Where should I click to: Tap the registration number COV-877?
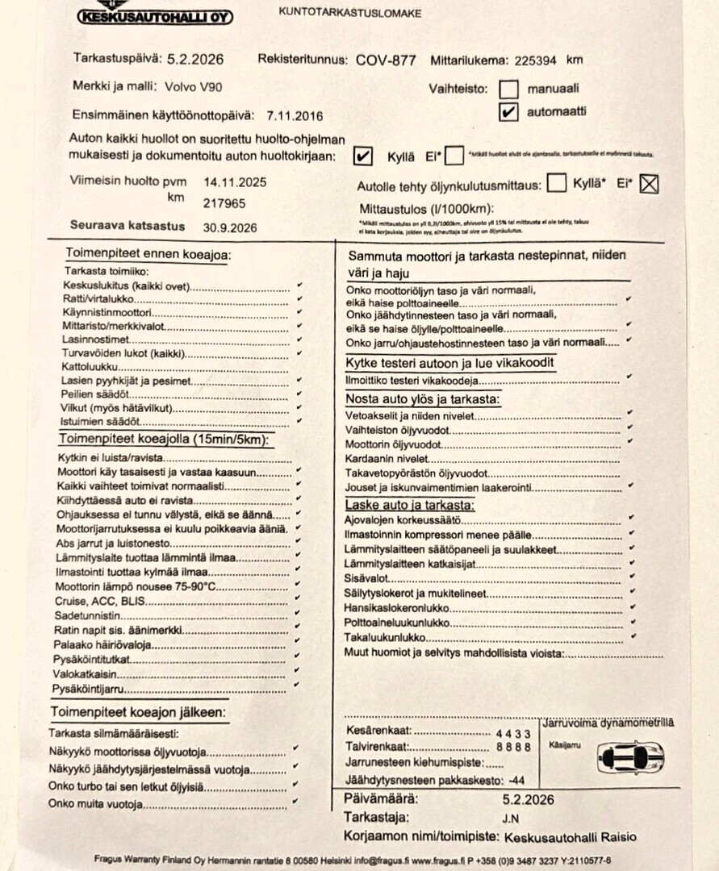pyautogui.click(x=385, y=60)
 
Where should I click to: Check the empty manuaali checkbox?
pyautogui.click(x=508, y=89)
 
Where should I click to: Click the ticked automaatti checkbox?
pyautogui.click(x=508, y=112)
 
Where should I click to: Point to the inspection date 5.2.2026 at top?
pyautogui.click(x=195, y=59)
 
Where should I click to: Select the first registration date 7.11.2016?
pyautogui.click(x=295, y=116)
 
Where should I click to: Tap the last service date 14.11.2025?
pyautogui.click(x=235, y=183)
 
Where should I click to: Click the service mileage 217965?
pyautogui.click(x=224, y=204)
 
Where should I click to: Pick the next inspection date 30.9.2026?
pyautogui.click(x=230, y=227)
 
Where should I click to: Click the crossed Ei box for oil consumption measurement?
pyautogui.click(x=649, y=185)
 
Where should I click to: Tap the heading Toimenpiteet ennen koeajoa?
pyautogui.click(x=148, y=255)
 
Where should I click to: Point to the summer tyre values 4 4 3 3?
pyautogui.click(x=512, y=733)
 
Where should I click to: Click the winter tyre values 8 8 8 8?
pyautogui.click(x=512, y=747)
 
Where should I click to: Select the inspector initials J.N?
pyautogui.click(x=510, y=818)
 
